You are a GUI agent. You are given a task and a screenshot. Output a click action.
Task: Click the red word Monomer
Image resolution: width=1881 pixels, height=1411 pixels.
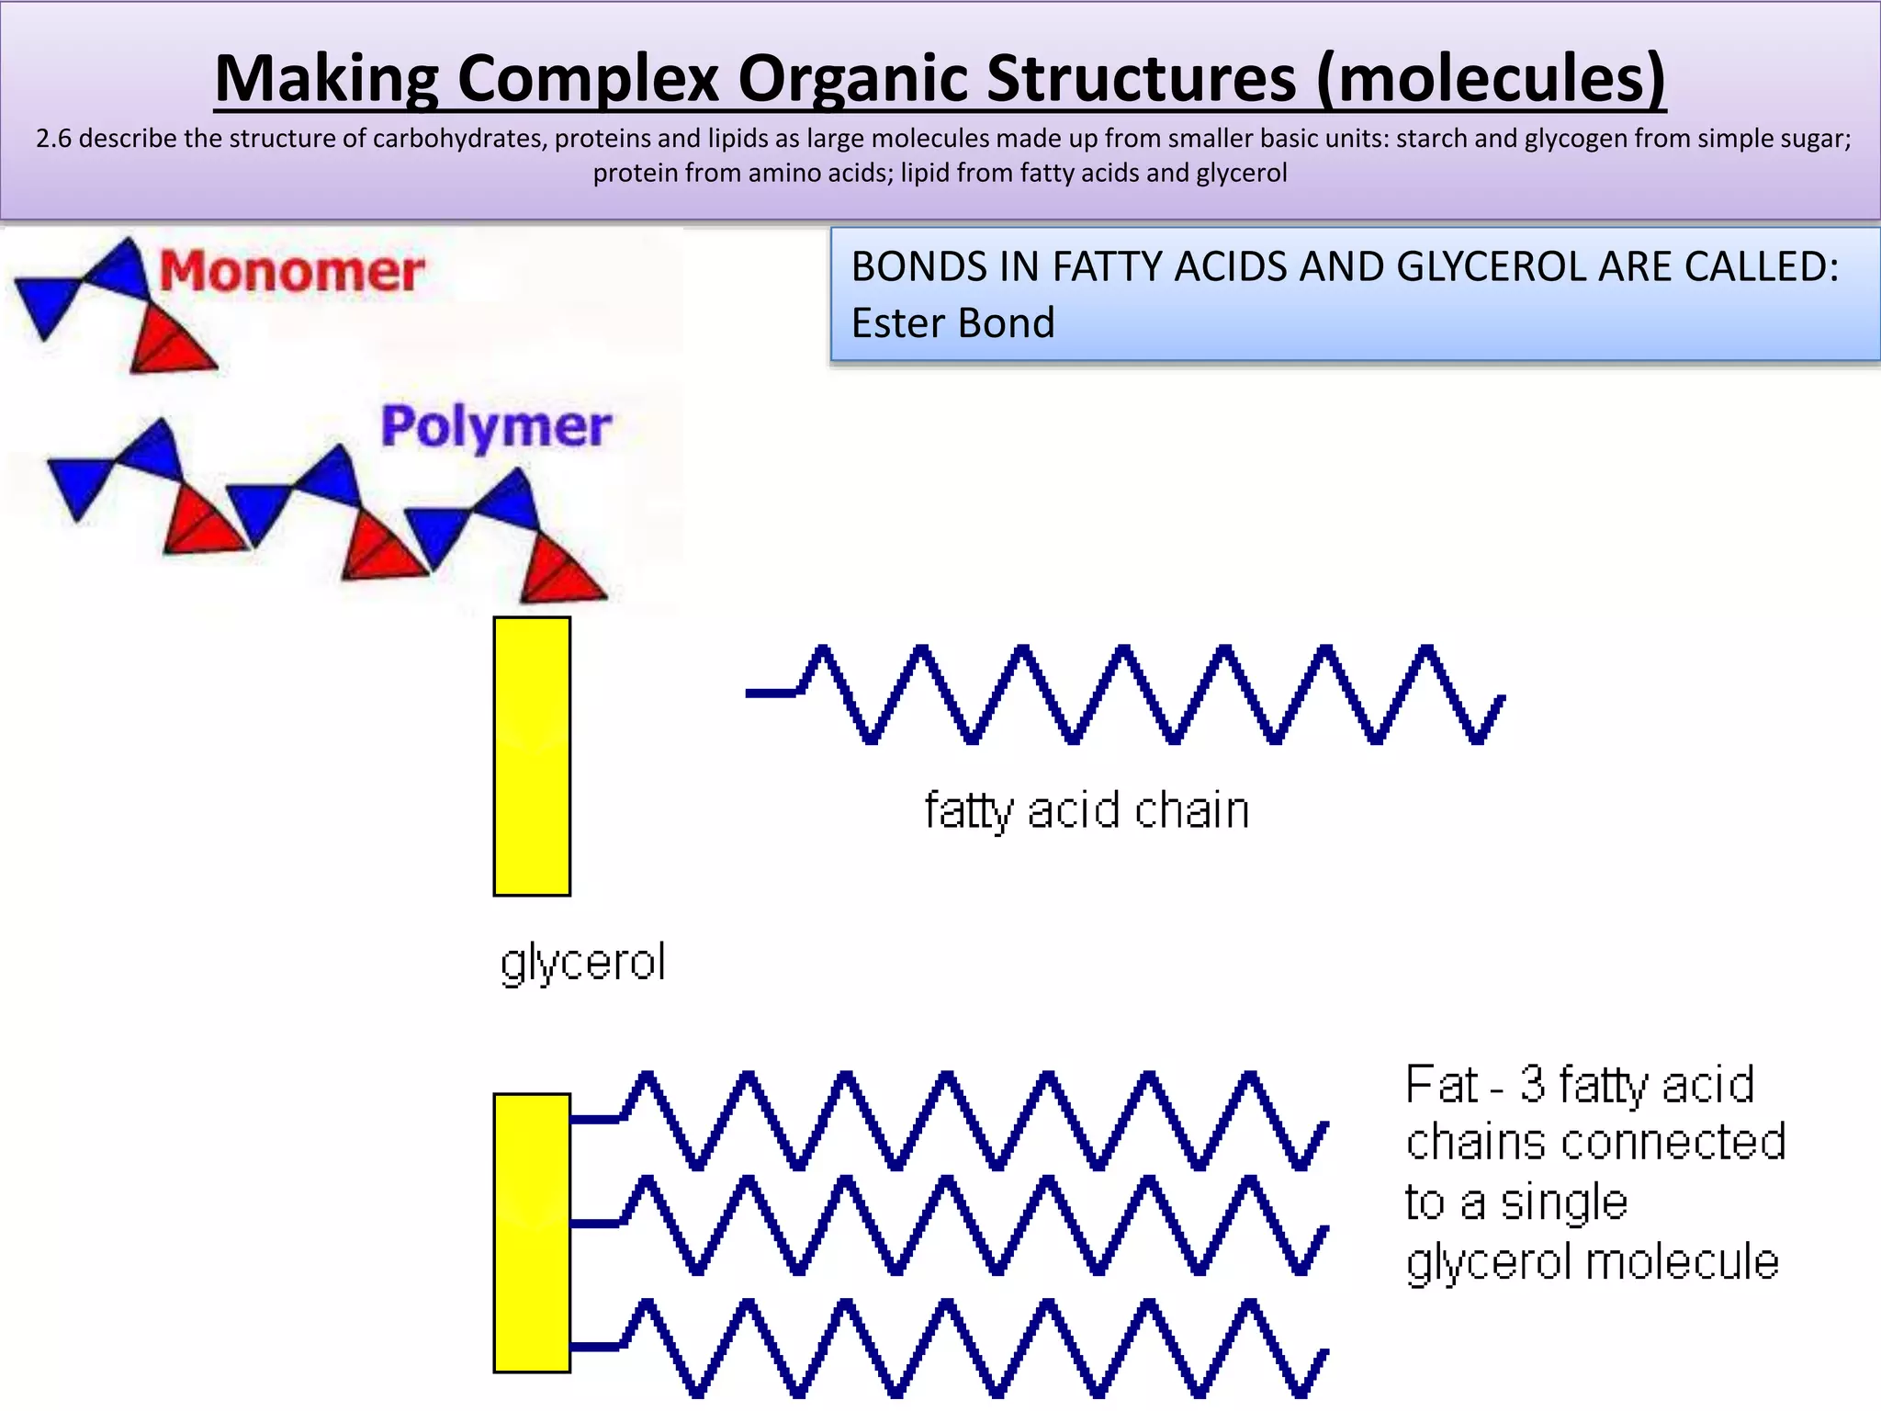[x=292, y=272]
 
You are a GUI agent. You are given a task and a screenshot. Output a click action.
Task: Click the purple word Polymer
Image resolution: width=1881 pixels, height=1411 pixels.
[x=496, y=427]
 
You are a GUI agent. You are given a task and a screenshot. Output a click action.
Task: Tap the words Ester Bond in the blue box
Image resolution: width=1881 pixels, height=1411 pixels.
[x=952, y=323]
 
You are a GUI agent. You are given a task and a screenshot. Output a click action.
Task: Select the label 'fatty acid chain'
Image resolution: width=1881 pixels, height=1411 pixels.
[x=1087, y=811]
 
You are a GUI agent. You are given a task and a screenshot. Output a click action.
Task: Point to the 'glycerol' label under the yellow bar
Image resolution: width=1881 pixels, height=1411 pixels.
[x=582, y=964]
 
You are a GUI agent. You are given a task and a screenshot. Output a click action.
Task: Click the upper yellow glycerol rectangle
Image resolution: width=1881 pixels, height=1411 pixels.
[x=532, y=756]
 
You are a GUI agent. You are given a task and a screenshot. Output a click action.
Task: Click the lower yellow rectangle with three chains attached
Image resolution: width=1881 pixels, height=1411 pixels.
[x=532, y=1233]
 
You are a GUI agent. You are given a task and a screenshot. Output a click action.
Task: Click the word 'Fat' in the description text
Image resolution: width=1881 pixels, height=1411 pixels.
[x=1442, y=1085]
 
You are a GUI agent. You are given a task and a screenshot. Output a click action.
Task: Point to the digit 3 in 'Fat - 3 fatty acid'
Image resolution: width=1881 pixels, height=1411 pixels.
[x=1532, y=1085]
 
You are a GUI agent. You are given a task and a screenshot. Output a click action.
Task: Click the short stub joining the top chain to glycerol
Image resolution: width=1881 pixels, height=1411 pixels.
[x=595, y=1119]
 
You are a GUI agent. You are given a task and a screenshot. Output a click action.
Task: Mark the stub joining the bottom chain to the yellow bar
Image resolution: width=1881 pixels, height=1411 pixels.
[x=595, y=1347]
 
